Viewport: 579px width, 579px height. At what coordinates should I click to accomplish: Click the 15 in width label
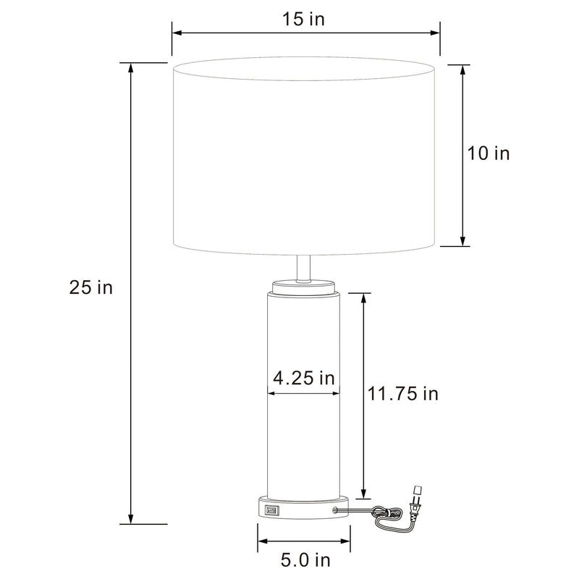(303, 19)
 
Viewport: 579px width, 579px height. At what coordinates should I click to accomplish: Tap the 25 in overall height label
(91, 287)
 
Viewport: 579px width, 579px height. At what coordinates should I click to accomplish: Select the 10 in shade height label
(488, 153)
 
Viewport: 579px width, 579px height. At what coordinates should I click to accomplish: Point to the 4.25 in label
(303, 378)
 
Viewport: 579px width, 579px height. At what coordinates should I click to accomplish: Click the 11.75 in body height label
(403, 394)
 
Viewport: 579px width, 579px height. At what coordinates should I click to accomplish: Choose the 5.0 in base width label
(305, 560)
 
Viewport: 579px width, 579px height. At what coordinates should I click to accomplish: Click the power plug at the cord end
(415, 502)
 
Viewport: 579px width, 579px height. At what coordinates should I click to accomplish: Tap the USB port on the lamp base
(271, 511)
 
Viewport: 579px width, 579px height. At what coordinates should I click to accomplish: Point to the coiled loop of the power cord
(387, 512)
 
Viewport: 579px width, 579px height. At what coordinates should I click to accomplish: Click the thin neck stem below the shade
(303, 269)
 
